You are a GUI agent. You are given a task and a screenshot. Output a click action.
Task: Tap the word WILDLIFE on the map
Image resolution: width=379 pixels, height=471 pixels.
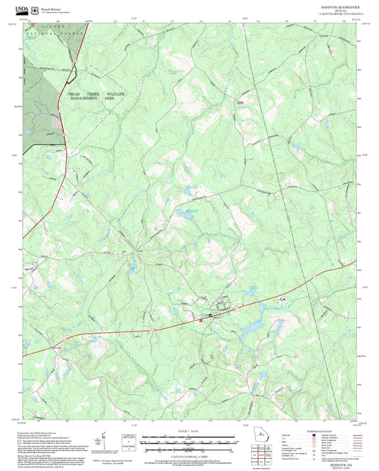pos(118,94)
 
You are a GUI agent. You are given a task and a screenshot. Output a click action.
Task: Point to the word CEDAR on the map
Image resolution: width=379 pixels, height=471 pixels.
pos(75,94)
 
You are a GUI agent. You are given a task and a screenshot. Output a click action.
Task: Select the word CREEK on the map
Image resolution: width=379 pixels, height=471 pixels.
pos(94,94)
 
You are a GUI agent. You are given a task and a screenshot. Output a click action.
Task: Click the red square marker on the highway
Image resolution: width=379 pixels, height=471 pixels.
pos(202,320)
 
